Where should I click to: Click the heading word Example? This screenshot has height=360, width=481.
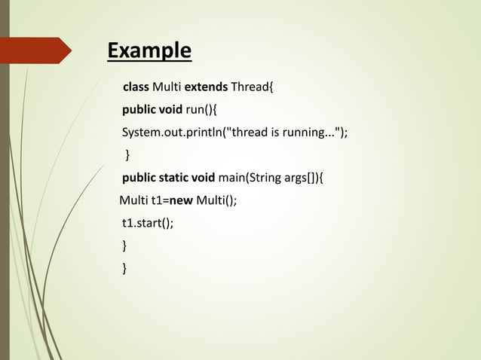[x=149, y=51]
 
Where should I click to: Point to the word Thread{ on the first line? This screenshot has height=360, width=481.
[x=253, y=87]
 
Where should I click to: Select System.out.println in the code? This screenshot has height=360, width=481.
[x=172, y=133]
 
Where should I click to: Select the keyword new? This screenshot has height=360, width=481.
[x=181, y=200]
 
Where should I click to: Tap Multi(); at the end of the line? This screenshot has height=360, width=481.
[x=216, y=200]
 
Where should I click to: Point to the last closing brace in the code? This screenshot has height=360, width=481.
[x=124, y=267]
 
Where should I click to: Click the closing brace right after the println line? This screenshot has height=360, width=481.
[x=127, y=155]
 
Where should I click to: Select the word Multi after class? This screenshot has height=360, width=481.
[x=167, y=87]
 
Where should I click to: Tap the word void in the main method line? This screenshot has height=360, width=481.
[x=203, y=178]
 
